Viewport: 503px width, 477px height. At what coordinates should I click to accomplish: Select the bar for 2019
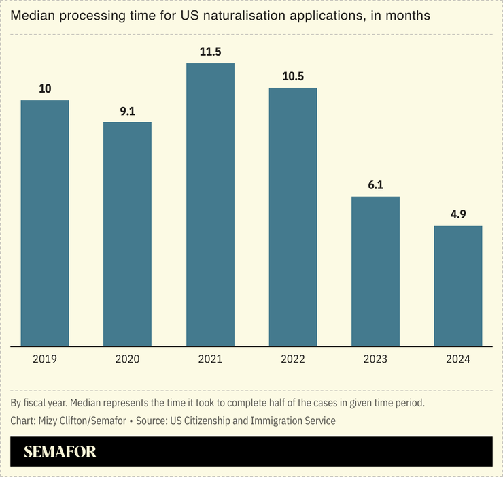[45, 223]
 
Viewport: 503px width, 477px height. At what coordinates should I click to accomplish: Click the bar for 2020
[127, 234]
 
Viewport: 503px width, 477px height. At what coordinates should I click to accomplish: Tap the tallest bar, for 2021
[210, 205]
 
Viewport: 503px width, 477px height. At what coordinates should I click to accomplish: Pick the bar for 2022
[293, 217]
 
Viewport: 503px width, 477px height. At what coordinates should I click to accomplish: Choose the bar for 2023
[375, 272]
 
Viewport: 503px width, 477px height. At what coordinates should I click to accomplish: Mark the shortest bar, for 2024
[458, 286]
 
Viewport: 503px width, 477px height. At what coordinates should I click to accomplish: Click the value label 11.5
[210, 52]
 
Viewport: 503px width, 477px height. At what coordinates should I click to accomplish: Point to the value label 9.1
[128, 111]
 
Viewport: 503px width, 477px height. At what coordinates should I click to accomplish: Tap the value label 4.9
[458, 214]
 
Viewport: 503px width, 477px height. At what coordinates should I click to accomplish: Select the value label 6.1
[375, 185]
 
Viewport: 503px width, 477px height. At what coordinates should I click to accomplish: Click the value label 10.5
[293, 76]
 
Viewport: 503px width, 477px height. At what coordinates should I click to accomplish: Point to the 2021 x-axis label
[210, 359]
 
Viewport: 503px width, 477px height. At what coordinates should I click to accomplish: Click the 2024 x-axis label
[458, 359]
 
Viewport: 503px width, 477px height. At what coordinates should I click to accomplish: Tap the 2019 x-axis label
[45, 359]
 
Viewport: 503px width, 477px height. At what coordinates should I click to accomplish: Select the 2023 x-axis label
[375, 359]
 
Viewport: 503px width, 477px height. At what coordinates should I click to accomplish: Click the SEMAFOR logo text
[60, 452]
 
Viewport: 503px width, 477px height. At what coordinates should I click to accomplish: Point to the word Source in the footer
[154, 421]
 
